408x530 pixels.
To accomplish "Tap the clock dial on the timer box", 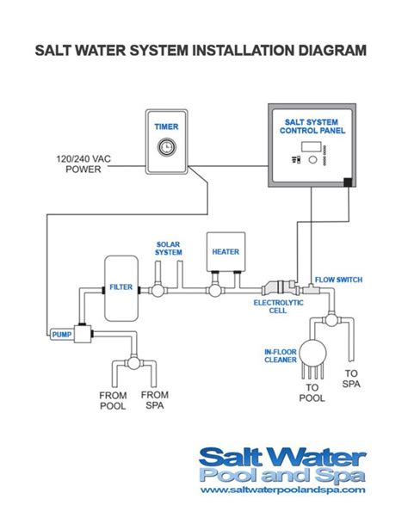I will pyautogui.click(x=166, y=147).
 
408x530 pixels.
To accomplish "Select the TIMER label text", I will pyautogui.click(x=166, y=126).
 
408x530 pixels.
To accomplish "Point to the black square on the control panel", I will pyautogui.click(x=346, y=182).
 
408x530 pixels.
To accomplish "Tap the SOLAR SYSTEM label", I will pyautogui.click(x=168, y=248).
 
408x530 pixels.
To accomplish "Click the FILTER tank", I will pyautogui.click(x=121, y=287).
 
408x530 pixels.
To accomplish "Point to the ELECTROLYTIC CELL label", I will pyautogui.click(x=275, y=307).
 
